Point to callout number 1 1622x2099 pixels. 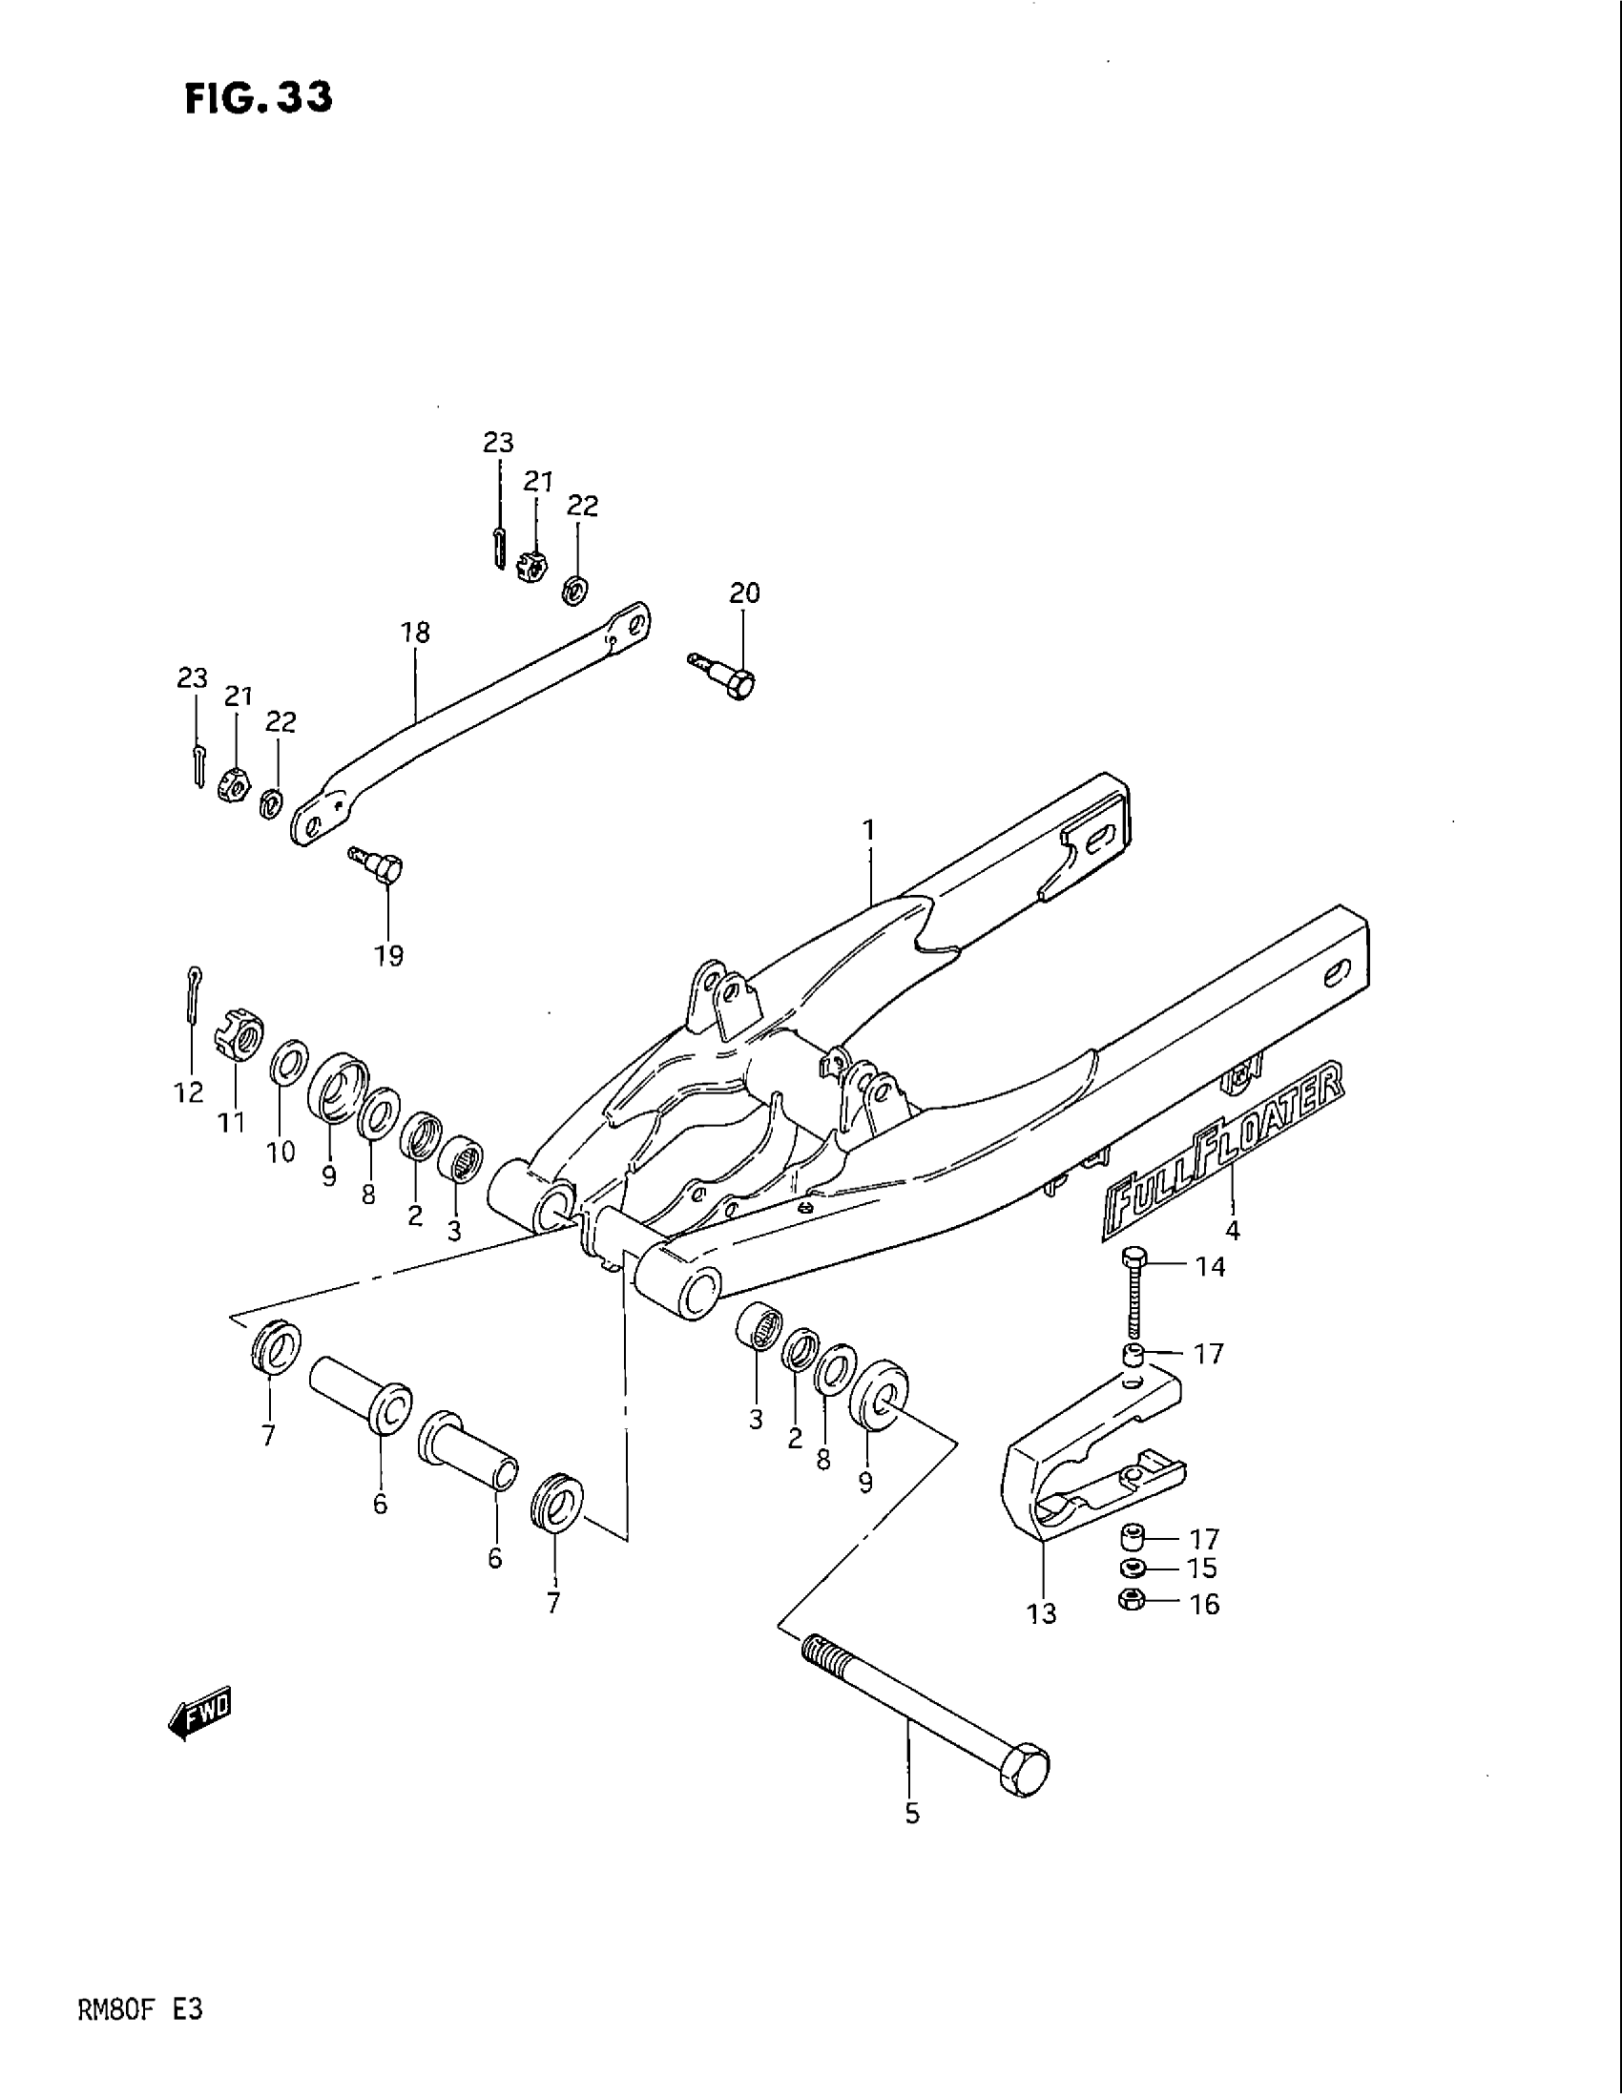pos(868,828)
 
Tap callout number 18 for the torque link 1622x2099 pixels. pos(416,633)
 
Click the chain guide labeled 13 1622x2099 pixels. pos(1086,1470)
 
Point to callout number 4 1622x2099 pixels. pos(1233,1228)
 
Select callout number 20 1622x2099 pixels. pos(745,594)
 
